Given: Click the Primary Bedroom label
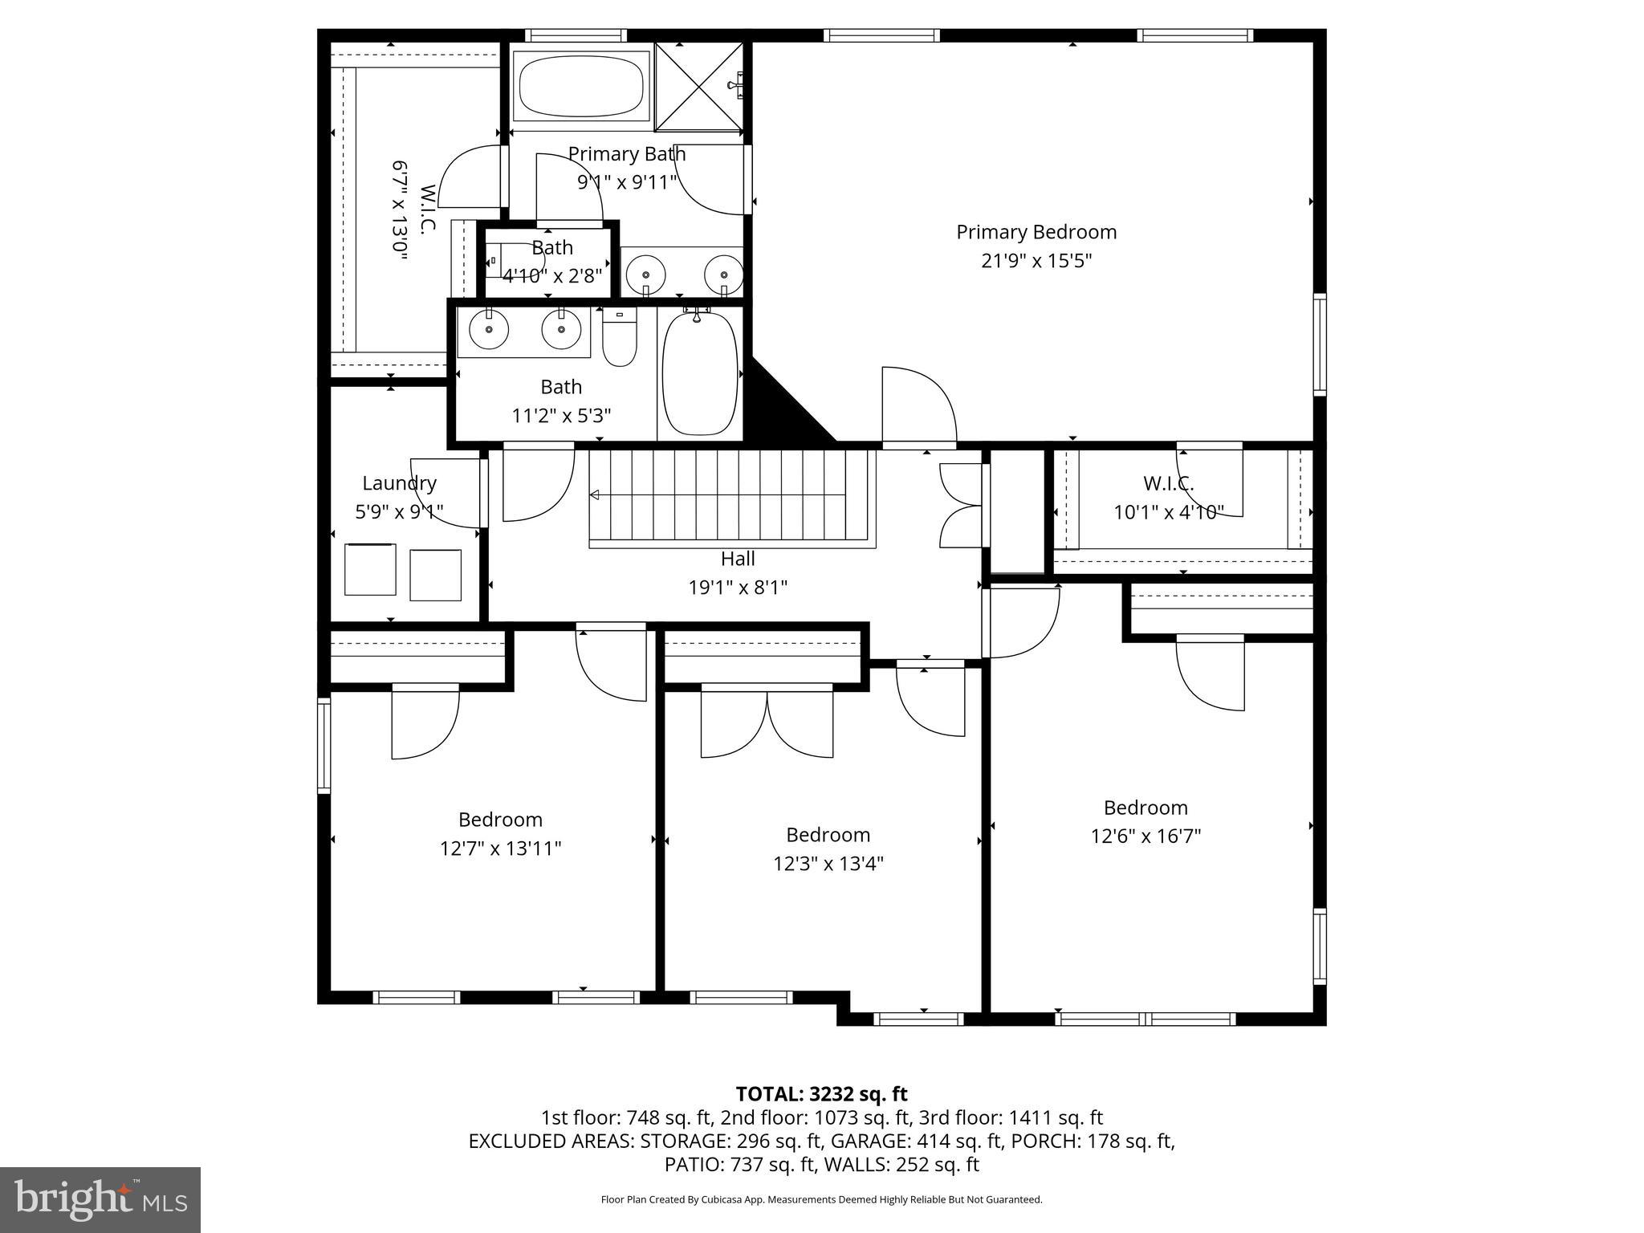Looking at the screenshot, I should coord(1036,232).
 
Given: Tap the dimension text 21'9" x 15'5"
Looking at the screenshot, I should coord(1036,261).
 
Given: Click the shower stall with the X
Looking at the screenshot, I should coord(698,87).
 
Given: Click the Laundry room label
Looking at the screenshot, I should coord(399,483).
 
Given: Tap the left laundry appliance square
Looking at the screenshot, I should coord(370,569).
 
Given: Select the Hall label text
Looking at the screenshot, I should coord(737,558).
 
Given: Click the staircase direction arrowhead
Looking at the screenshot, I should coord(595,495).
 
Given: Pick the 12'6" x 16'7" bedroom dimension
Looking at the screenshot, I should coord(1145,836).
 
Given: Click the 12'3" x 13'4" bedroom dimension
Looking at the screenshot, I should coord(828,864).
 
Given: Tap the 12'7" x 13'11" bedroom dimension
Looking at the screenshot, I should coord(500,848).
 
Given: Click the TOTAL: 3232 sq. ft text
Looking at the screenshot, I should coord(821,1094).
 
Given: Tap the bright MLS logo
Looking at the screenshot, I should coord(100,1199).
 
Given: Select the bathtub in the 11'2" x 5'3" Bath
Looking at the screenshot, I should coord(699,373).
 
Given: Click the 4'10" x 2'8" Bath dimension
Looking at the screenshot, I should coord(552,276).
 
